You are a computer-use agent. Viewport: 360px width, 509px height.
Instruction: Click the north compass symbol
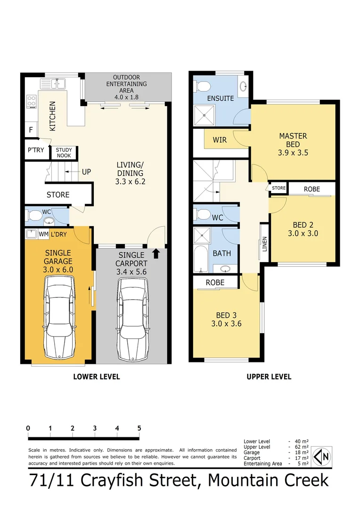coord(322,456)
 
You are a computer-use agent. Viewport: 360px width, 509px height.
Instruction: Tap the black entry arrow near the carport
coord(157,254)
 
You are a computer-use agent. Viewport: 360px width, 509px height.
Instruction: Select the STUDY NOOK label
coord(64,153)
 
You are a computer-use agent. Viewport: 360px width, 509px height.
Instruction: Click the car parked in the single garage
coord(59,318)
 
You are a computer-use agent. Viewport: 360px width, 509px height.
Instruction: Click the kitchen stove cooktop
coord(32,101)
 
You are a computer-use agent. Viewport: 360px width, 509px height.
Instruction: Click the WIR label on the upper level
coord(220,140)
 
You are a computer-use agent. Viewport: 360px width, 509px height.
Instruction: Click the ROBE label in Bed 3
coord(215,282)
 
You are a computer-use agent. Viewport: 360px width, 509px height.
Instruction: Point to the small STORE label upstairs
coord(278,188)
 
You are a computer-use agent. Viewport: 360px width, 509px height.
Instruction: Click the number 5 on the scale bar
coord(139,428)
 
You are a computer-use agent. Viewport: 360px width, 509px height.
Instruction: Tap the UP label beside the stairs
coord(86,172)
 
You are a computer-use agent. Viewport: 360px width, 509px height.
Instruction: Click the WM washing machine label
coord(43,233)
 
